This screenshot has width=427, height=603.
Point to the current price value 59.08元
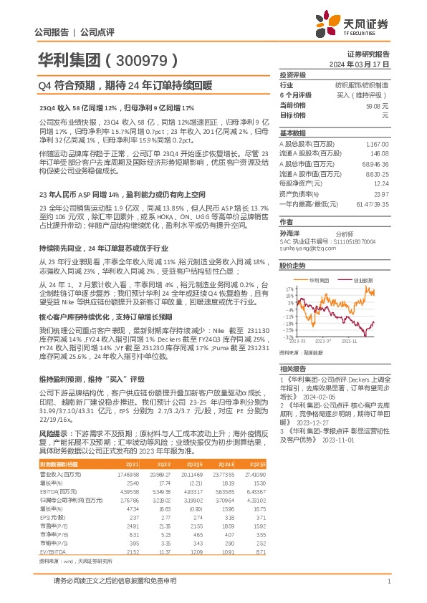[x=377, y=105]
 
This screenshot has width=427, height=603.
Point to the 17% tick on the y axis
[x=287, y=289]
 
